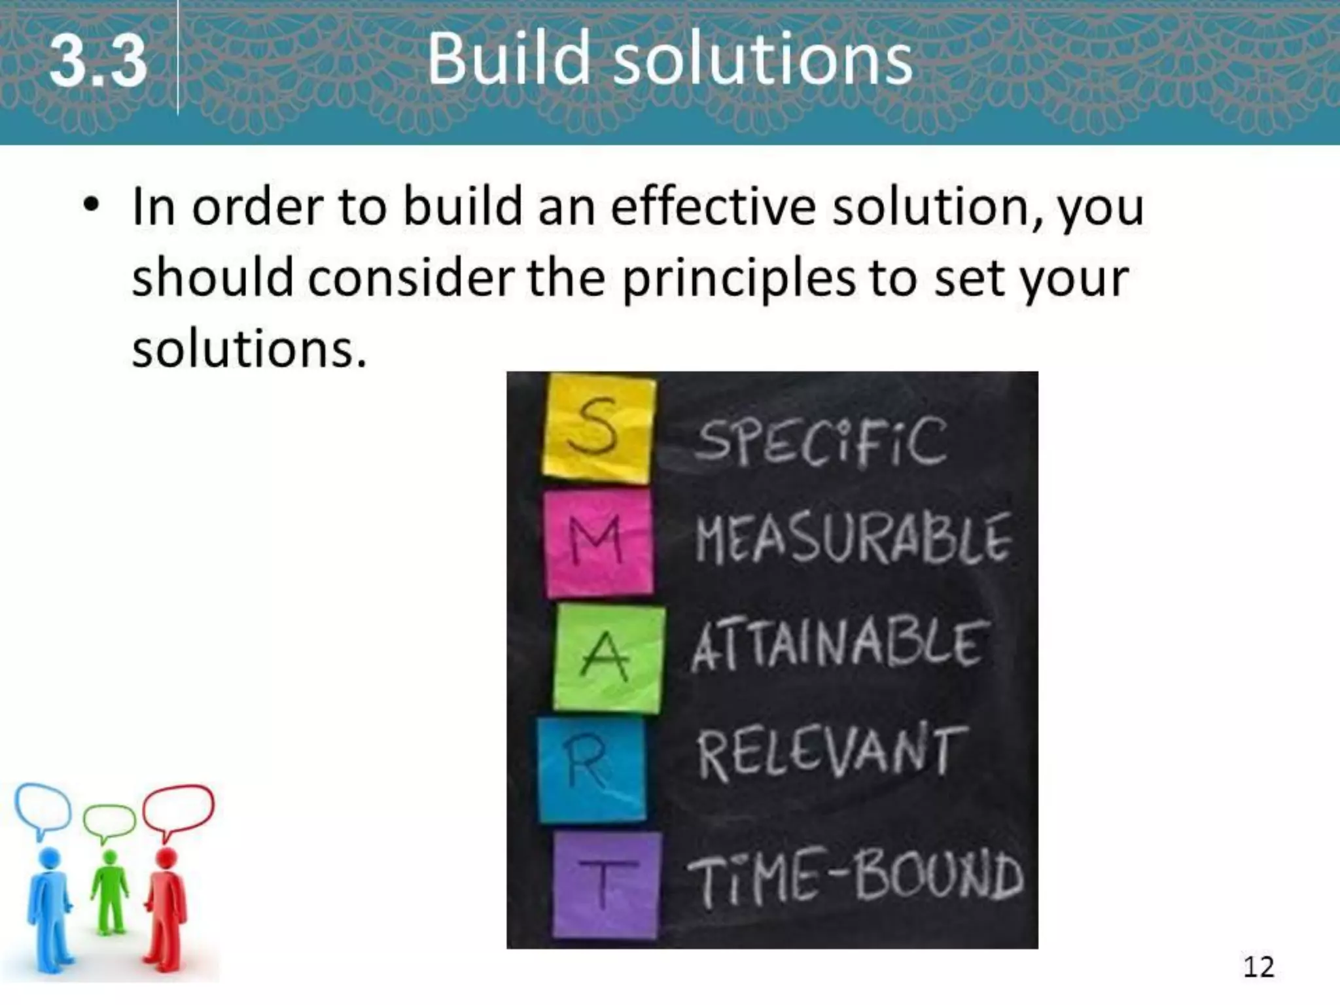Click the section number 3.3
tap(98, 62)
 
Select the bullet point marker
tap(92, 205)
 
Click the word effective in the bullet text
tap(713, 207)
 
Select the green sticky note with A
tap(607, 658)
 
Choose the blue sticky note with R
tap(591, 769)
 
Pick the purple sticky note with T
tap(605, 883)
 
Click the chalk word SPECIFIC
tap(821, 442)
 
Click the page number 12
tap(1258, 967)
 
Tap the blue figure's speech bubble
tap(43, 808)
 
